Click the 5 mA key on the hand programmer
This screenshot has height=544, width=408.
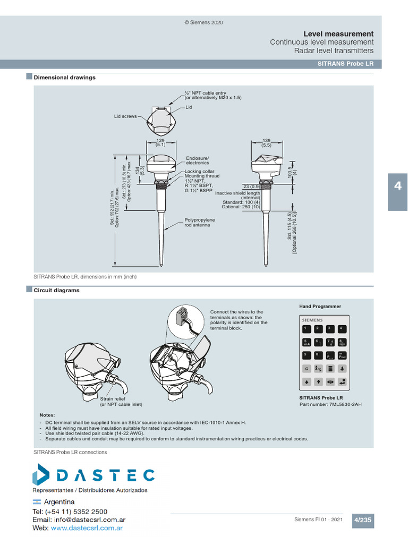306,343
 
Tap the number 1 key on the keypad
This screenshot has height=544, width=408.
306,329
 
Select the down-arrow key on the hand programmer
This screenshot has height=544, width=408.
318,381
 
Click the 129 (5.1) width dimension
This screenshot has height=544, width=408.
160,143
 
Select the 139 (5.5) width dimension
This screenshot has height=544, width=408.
266,143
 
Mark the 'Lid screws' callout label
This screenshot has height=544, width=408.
125,116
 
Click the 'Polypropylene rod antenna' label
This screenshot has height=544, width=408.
199,222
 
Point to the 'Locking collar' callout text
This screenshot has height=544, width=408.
199,172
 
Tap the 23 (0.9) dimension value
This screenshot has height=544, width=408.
251,186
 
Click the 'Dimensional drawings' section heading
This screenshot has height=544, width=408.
64,78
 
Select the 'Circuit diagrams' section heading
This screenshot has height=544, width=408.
56,291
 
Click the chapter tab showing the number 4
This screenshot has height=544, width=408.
398,186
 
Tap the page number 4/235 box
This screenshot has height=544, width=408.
363,521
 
